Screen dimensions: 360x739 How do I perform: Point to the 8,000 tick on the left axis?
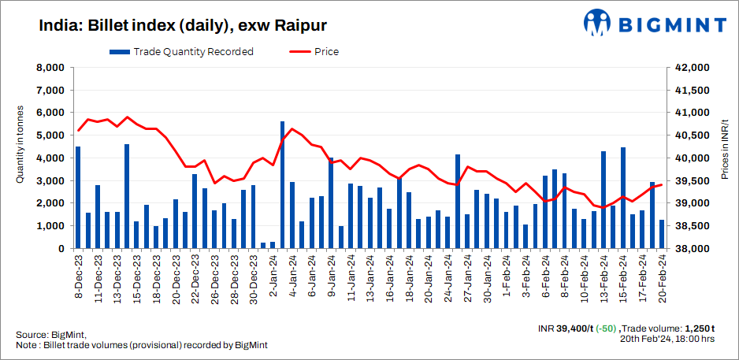coord(50,68)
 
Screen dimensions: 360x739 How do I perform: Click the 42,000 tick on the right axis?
coord(693,68)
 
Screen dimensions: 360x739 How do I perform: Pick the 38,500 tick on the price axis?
coord(693,226)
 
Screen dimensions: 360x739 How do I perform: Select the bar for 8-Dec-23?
coord(78,198)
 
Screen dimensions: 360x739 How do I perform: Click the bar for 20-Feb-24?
coord(662,234)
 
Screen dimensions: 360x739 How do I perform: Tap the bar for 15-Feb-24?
coord(622,198)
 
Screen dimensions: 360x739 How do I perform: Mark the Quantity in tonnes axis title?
coord(20,146)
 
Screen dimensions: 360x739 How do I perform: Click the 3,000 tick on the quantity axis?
coord(50,180)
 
